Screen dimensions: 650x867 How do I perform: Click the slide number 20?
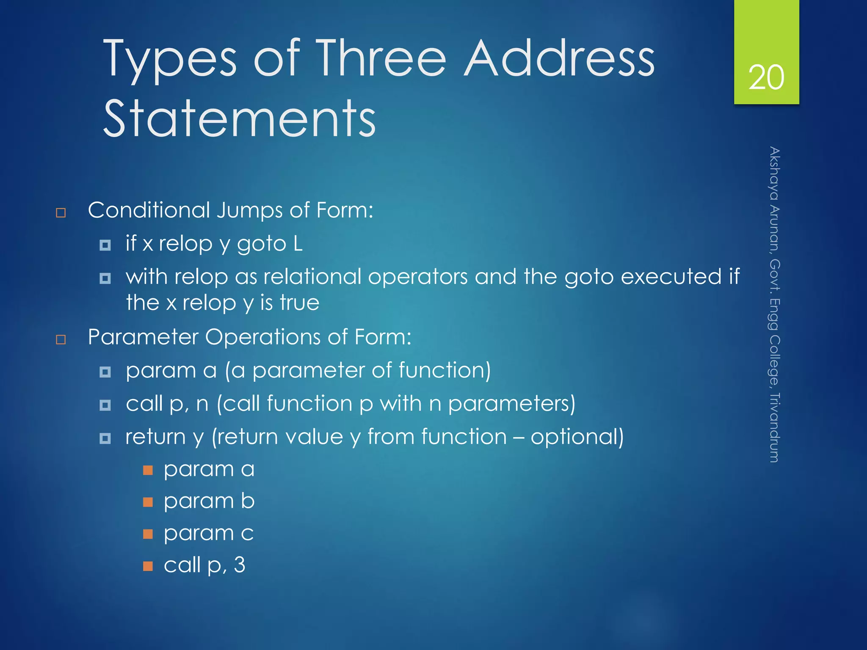pos(766,77)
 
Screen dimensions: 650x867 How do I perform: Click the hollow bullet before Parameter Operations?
pos(61,339)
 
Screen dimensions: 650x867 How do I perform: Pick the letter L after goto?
pos(298,244)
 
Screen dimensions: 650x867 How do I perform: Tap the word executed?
pos(671,277)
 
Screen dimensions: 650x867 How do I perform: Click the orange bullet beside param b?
pos(148,502)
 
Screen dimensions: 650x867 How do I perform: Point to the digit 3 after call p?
pos(240,565)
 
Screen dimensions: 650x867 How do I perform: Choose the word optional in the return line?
pos(577,437)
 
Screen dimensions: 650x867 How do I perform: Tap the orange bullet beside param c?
pos(148,534)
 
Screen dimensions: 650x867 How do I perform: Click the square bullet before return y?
pos(105,438)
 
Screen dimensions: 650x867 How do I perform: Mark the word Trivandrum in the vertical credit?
pos(774,427)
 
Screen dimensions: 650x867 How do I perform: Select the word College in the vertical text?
pos(774,360)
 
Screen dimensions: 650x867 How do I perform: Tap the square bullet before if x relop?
pos(105,245)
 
